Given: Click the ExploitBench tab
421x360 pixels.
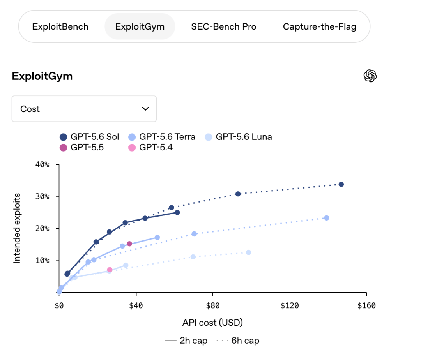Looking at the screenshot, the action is [x=60, y=26].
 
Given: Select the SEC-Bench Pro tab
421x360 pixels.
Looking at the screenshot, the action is [x=224, y=26].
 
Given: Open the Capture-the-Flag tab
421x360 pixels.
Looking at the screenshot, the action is [x=320, y=26].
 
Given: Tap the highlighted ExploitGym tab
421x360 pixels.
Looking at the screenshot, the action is [x=140, y=26].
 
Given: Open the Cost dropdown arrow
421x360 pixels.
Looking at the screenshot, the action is [x=145, y=109].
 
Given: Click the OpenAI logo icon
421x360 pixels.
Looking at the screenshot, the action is [x=370, y=76].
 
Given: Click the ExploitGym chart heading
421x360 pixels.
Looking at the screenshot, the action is [x=42, y=76].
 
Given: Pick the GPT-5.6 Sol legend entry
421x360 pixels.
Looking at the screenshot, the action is [x=89, y=137].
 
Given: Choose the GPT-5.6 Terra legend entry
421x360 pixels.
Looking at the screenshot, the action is [x=162, y=137].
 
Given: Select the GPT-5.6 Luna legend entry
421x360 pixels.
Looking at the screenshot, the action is [x=239, y=137].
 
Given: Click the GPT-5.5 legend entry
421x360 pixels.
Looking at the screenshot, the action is [x=81, y=148].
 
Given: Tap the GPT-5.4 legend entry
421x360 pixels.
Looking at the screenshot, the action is [x=150, y=148].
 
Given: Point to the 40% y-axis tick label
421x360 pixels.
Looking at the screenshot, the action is [x=42, y=164].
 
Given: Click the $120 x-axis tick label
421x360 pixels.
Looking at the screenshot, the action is [x=290, y=305].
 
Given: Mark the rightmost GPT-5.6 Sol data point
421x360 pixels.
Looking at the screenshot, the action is [x=341, y=184].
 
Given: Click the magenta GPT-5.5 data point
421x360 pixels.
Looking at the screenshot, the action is [x=129, y=244].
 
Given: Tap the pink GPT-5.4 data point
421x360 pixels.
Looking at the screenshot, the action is [x=110, y=270].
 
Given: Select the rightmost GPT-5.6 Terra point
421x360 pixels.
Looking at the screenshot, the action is [x=327, y=218].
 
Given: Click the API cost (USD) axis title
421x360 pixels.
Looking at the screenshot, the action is [x=212, y=323].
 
